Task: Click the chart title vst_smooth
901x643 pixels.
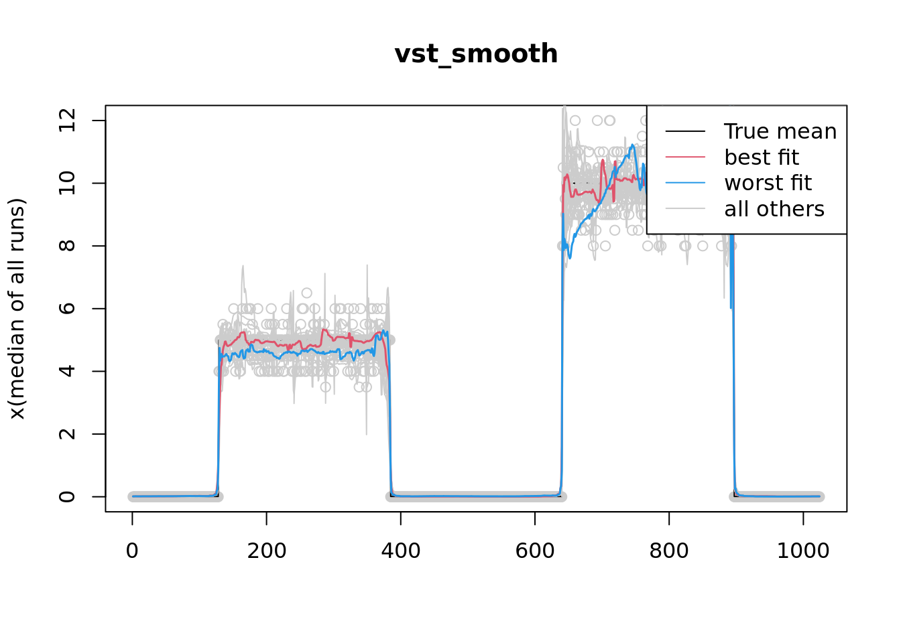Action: [476, 54]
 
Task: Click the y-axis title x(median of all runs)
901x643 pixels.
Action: [17, 309]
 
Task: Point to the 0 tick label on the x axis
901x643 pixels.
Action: [132, 551]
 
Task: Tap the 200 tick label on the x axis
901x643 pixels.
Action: [266, 551]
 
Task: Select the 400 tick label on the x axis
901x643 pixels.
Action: [400, 551]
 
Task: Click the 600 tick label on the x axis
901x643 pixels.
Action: [534, 551]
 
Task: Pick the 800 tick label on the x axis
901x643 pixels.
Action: [668, 551]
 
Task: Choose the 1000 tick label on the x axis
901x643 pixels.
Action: [802, 551]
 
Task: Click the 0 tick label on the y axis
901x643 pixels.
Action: [67, 496]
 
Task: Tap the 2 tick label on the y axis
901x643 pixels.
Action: [67, 434]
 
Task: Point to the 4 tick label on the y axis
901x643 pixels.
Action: [67, 371]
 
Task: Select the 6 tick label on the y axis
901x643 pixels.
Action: [67, 309]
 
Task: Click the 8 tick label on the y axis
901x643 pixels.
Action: [67, 246]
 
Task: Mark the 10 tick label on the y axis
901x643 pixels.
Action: [67, 183]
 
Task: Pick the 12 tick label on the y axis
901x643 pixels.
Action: [67, 121]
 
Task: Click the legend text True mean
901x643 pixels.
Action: [780, 131]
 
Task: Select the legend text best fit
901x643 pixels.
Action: [762, 157]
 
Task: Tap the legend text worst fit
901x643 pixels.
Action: [768, 183]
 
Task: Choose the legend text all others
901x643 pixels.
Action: [774, 209]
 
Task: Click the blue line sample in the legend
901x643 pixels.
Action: [685, 183]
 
